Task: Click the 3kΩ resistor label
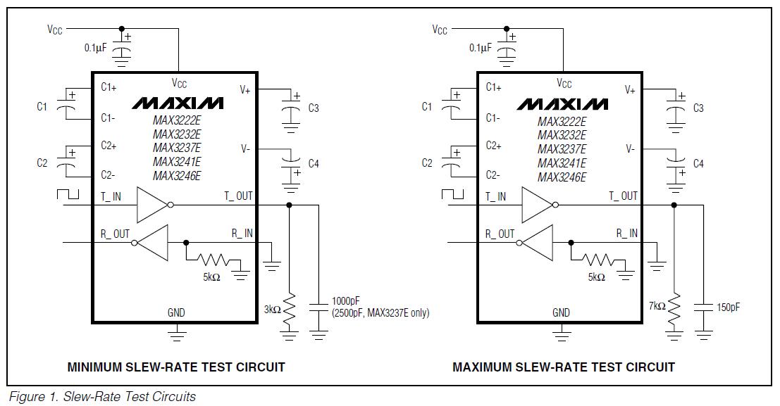(273, 310)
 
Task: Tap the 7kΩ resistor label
(657, 306)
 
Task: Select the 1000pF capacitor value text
(346, 300)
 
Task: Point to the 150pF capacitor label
(729, 307)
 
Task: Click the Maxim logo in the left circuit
(178, 103)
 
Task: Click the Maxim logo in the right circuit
(562, 104)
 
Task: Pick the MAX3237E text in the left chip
(177, 148)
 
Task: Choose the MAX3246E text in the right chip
(562, 177)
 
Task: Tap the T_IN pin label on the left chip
(111, 196)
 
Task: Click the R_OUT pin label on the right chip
(500, 234)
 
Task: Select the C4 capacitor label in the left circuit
(314, 163)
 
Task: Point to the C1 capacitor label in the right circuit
(427, 106)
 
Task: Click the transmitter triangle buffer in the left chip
(155, 205)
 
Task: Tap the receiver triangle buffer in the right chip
(536, 243)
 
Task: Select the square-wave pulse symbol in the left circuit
(68, 194)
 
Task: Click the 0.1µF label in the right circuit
(480, 48)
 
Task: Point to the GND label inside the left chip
(176, 312)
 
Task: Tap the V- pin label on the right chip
(630, 148)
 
